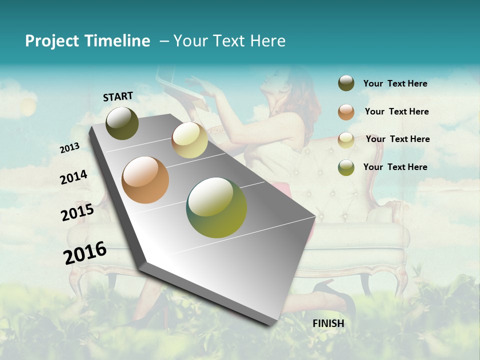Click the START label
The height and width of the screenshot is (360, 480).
pyautogui.click(x=118, y=96)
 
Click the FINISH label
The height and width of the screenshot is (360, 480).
pyautogui.click(x=328, y=323)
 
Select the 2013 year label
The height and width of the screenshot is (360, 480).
pyautogui.click(x=70, y=148)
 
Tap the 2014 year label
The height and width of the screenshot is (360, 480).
pyautogui.click(x=74, y=177)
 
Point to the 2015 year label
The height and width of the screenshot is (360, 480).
pyautogui.click(x=77, y=212)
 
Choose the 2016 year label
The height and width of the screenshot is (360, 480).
pyautogui.click(x=85, y=252)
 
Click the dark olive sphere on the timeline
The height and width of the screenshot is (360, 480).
pyautogui.click(x=122, y=123)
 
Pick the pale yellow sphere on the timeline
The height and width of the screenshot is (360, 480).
pyautogui.click(x=189, y=140)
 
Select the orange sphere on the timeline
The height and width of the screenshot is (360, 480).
pyautogui.click(x=145, y=180)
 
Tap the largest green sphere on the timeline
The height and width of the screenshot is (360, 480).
pyautogui.click(x=216, y=207)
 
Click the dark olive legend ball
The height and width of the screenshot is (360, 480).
pyautogui.click(x=346, y=83)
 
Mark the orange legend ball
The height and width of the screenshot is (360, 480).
pyautogui.click(x=346, y=111)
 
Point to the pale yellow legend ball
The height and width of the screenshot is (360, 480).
pyautogui.click(x=346, y=139)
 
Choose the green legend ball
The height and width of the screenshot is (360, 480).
pyautogui.click(x=346, y=167)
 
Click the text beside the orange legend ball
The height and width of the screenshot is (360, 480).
pyautogui.click(x=396, y=111)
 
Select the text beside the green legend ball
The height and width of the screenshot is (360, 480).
pyautogui.click(x=395, y=167)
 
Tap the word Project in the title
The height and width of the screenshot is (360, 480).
pyautogui.click(x=51, y=41)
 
